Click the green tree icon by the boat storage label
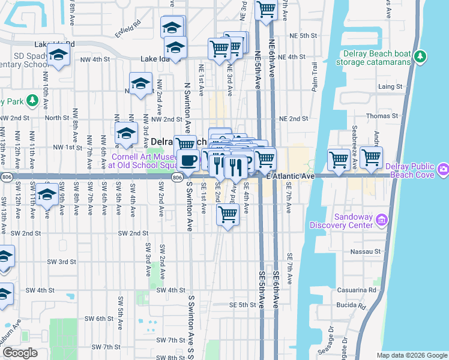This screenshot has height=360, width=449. pyautogui.click(x=421, y=57)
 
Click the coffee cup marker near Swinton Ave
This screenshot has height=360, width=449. pyautogui.click(x=188, y=160)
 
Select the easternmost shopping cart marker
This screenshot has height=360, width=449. pyautogui.click(x=372, y=158)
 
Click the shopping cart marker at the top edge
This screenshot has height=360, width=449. pyautogui.click(x=265, y=10)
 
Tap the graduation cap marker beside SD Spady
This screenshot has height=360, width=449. pyautogui.click(x=58, y=55)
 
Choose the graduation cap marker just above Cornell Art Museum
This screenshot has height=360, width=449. pyautogui.click(x=126, y=133)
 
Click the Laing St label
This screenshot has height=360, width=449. pyautogui.click(x=390, y=87)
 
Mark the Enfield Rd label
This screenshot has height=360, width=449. pyautogui.click(x=128, y=25)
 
